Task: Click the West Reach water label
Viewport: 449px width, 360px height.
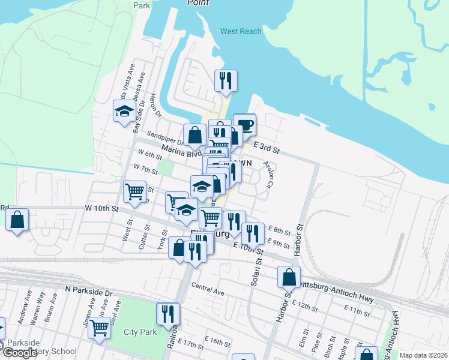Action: [x=241, y=31]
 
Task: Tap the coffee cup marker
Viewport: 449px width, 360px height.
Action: [x=245, y=125]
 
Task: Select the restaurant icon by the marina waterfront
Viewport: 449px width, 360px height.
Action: [x=226, y=81]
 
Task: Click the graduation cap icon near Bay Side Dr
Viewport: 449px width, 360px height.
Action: [x=125, y=111]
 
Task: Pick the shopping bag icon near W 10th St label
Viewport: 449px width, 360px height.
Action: [x=17, y=220]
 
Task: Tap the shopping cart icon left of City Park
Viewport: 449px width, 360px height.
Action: [x=99, y=328]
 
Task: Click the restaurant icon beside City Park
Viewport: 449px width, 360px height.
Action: [x=168, y=314]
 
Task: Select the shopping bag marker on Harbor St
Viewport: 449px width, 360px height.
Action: [x=289, y=278]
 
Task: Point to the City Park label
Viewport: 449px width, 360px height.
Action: [x=140, y=332]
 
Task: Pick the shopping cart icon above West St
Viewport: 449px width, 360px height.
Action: [x=134, y=193]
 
